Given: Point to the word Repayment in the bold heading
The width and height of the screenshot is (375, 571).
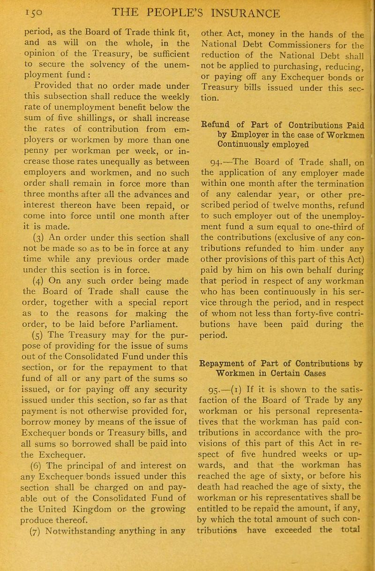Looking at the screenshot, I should coord(222,322).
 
